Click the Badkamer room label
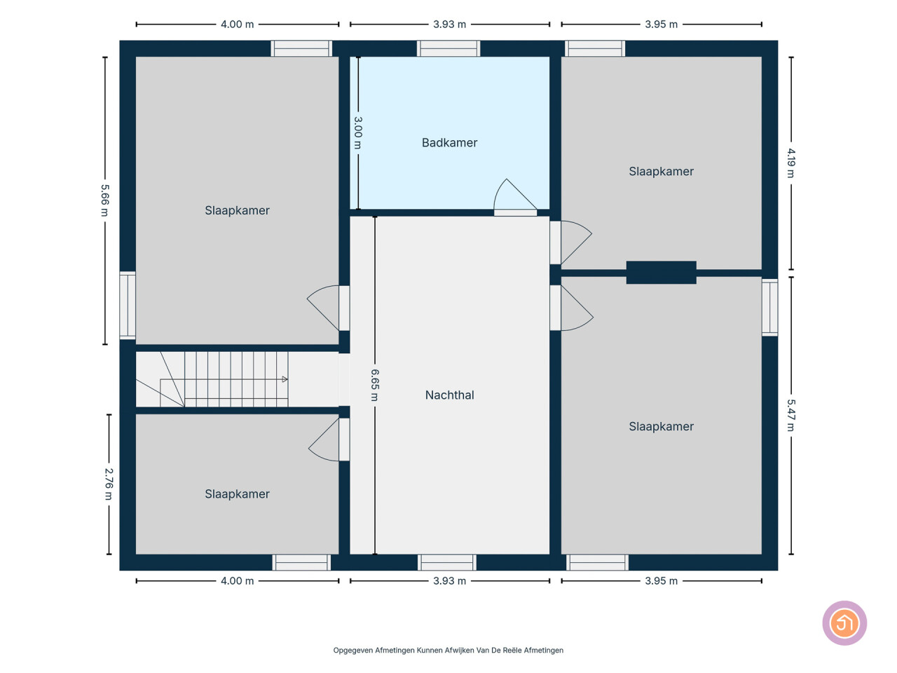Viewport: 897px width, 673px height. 449,142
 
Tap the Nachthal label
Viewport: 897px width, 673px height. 449,395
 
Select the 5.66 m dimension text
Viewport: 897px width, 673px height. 105,200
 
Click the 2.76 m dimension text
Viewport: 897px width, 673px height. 109,484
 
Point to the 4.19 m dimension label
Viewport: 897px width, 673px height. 790,163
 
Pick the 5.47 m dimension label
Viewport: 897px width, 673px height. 790,415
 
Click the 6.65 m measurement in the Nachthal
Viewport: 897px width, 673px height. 375,385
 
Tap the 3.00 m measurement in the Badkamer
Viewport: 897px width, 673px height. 357,132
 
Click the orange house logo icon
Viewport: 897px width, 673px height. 844,623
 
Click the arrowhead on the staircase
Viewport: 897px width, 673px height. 285,379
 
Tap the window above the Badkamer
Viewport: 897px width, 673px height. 448,48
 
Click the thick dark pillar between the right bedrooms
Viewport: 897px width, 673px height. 661,272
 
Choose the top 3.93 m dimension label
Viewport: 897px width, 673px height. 449,24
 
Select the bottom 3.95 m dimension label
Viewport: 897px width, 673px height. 661,580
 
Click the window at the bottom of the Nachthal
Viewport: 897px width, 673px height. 446,562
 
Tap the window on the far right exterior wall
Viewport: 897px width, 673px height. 769,307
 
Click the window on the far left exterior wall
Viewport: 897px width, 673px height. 128,305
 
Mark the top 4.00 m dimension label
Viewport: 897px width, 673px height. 237,24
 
